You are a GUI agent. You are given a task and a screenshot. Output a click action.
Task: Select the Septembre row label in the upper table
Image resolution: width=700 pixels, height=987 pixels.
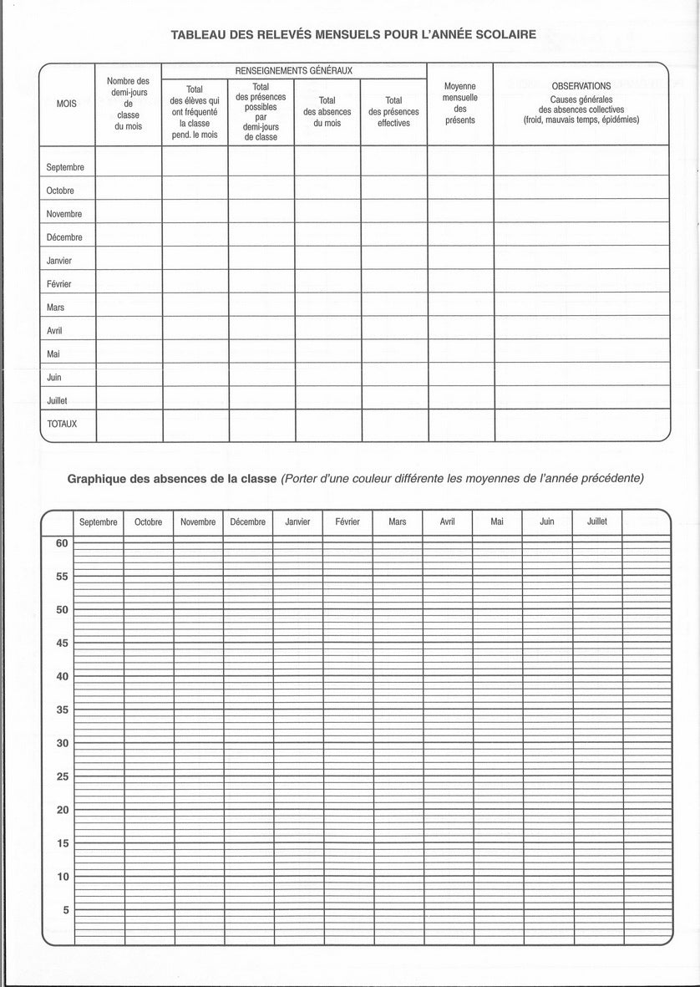point(65,167)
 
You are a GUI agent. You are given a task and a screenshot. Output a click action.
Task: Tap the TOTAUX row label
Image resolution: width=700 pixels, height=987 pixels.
point(62,424)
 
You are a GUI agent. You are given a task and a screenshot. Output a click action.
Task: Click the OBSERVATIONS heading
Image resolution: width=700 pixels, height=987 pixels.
point(581,86)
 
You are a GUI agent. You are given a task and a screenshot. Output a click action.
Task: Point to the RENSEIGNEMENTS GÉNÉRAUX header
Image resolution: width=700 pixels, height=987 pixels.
point(294,71)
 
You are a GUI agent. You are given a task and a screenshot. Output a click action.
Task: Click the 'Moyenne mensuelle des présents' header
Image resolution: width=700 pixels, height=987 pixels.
point(460,103)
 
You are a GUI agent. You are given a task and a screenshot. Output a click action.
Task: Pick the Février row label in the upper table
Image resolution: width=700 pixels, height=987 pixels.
point(59,284)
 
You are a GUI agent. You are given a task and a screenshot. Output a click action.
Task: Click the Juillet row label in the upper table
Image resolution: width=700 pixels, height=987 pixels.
point(57,400)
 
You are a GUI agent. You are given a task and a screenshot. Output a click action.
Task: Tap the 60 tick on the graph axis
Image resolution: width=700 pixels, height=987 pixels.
point(62,542)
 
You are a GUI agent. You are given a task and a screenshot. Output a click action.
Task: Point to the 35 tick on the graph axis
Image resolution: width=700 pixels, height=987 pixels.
point(62,710)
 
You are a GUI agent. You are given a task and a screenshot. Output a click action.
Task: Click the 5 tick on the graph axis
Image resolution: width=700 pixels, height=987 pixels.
point(64,909)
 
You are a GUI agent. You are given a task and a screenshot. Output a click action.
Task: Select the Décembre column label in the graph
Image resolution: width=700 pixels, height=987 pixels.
point(247,521)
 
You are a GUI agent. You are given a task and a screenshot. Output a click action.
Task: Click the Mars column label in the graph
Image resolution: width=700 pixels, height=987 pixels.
point(398,521)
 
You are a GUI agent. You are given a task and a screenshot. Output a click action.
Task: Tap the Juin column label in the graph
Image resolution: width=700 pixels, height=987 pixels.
point(546,521)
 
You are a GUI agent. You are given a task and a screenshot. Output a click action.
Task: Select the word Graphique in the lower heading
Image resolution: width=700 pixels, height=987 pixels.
point(100,479)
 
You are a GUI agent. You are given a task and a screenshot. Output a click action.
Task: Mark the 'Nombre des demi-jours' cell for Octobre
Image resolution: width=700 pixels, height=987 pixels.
point(129,190)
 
